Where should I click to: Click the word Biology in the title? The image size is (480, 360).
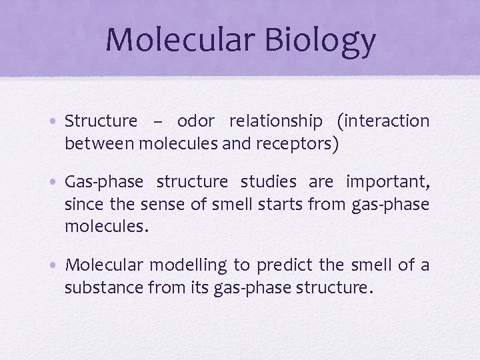(x=321, y=40)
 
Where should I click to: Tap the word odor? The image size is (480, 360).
(x=195, y=121)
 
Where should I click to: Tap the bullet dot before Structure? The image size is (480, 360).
(x=57, y=122)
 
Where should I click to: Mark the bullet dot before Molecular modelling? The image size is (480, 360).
(x=57, y=265)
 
